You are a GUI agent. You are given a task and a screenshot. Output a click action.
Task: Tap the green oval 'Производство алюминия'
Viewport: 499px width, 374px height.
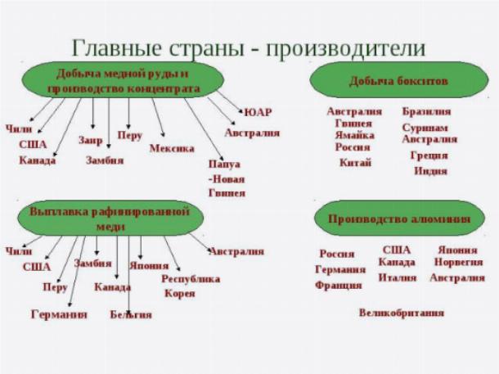click(398, 219)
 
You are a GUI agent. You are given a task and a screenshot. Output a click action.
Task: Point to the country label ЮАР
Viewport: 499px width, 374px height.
click(258, 112)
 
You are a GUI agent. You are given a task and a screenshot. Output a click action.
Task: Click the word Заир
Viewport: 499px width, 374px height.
click(91, 139)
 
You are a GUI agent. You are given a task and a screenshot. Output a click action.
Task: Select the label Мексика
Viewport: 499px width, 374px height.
click(172, 148)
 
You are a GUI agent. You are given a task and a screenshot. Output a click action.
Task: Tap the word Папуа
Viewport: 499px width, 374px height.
click(224, 164)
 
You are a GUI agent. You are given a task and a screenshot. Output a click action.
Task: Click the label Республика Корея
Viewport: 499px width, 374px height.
click(190, 286)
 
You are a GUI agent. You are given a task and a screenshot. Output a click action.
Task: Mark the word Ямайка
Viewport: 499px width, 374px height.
click(354, 135)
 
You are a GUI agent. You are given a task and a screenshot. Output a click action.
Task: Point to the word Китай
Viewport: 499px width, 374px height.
click(355, 162)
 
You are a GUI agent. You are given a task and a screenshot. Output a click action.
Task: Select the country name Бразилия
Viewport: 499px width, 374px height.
click(426, 111)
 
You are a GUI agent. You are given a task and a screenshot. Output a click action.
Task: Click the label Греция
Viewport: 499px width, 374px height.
click(429, 155)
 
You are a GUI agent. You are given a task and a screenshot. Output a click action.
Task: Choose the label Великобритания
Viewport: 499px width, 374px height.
click(401, 312)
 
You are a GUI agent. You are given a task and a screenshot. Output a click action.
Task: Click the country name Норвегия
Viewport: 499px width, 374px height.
click(457, 263)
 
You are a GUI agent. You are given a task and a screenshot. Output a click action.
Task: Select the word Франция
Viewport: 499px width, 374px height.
click(338, 286)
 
